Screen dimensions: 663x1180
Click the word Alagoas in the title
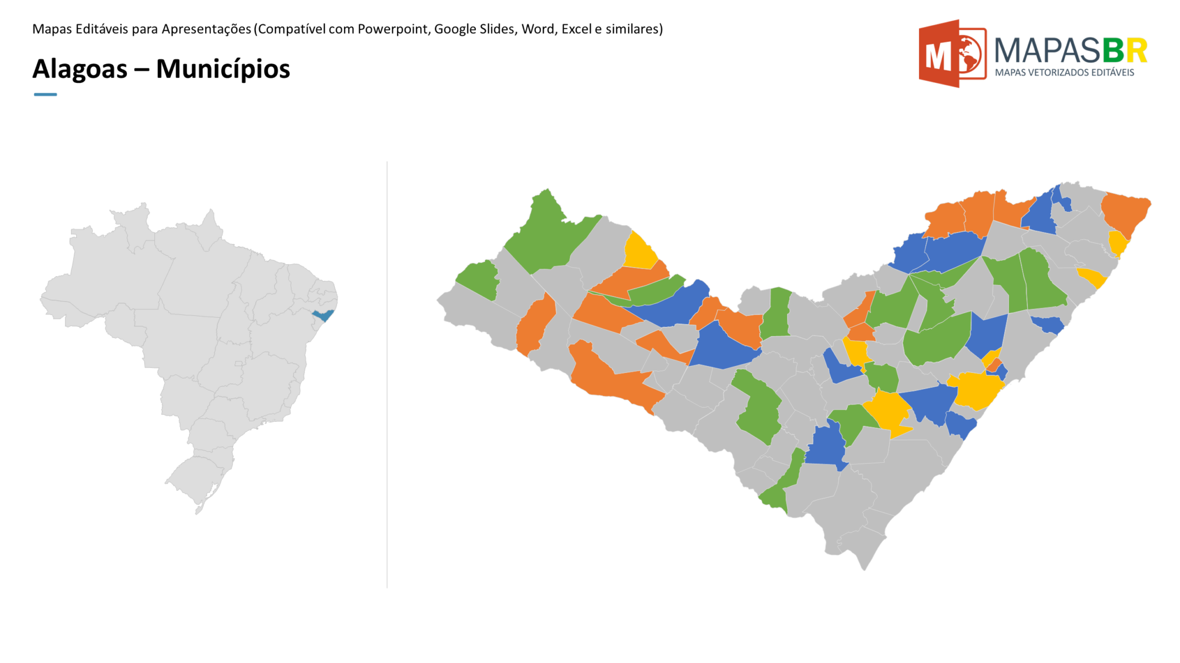(80, 69)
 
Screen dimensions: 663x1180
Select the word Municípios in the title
(223, 69)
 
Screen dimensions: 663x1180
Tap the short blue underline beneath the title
(46, 94)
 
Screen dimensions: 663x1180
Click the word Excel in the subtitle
(576, 29)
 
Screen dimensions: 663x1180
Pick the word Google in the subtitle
(455, 29)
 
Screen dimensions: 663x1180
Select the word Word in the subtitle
(537, 29)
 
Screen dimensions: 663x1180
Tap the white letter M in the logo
(937, 56)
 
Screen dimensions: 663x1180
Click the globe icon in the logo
(969, 55)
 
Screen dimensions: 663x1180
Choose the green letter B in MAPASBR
(1113, 51)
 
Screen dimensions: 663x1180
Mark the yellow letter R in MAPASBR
(1136, 51)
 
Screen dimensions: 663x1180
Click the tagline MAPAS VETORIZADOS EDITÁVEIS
(1064, 73)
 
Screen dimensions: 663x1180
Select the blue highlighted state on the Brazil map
(323, 315)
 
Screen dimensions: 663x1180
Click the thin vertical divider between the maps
(387, 374)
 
